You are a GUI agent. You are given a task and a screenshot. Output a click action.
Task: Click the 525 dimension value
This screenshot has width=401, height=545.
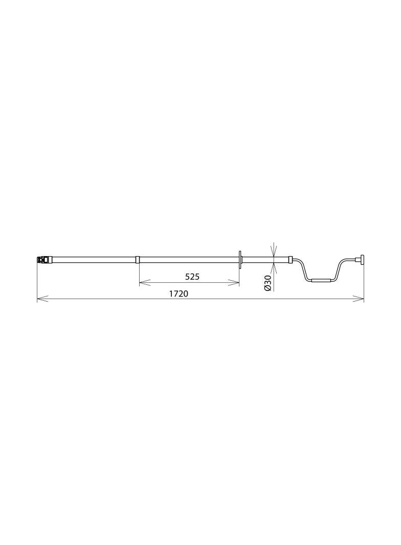pyautogui.click(x=192, y=277)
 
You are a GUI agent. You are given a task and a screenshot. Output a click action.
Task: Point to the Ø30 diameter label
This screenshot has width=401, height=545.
pyautogui.click(x=268, y=283)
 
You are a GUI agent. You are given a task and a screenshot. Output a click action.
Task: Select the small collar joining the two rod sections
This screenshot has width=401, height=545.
pyautogui.click(x=137, y=259)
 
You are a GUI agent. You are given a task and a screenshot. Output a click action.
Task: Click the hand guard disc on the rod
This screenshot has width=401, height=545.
pyautogui.click(x=240, y=259)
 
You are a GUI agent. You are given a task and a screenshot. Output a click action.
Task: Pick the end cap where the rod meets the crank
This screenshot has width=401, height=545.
pyautogui.click(x=291, y=259)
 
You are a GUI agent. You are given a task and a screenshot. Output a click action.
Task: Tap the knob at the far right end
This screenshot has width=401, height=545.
pyautogui.click(x=362, y=260)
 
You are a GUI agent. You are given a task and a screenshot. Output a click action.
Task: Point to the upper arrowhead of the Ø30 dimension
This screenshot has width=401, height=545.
pyautogui.click(x=274, y=253)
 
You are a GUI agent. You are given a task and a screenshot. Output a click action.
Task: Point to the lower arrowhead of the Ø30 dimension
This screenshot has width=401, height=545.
pyautogui.click(x=274, y=266)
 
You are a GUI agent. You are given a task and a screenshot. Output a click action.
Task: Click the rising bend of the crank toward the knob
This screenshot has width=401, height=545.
pyautogui.click(x=339, y=269)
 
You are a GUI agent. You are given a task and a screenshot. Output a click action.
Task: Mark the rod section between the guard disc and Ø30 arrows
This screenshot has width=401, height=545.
pyautogui.click(x=256, y=259)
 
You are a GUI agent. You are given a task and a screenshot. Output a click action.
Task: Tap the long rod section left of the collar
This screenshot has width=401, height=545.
pyautogui.click(x=92, y=259)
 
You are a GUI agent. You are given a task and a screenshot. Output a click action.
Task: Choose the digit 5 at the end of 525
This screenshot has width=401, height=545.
pyautogui.click(x=196, y=277)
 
